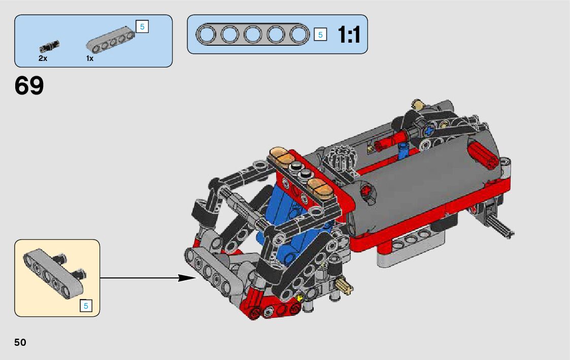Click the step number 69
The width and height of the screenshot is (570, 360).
point(29,86)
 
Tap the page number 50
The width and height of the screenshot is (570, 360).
point(20,343)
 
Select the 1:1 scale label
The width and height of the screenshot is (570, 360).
point(349,35)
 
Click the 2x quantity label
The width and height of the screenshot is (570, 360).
point(43,58)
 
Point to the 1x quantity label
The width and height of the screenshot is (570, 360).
point(90,58)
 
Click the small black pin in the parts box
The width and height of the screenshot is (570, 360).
point(49,47)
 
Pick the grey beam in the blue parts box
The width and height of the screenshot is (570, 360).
point(110,40)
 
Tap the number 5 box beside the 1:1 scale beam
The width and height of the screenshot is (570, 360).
point(320,35)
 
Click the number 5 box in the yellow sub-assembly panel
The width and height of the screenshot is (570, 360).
point(86,306)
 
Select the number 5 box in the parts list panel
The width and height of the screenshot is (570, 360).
point(142,26)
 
